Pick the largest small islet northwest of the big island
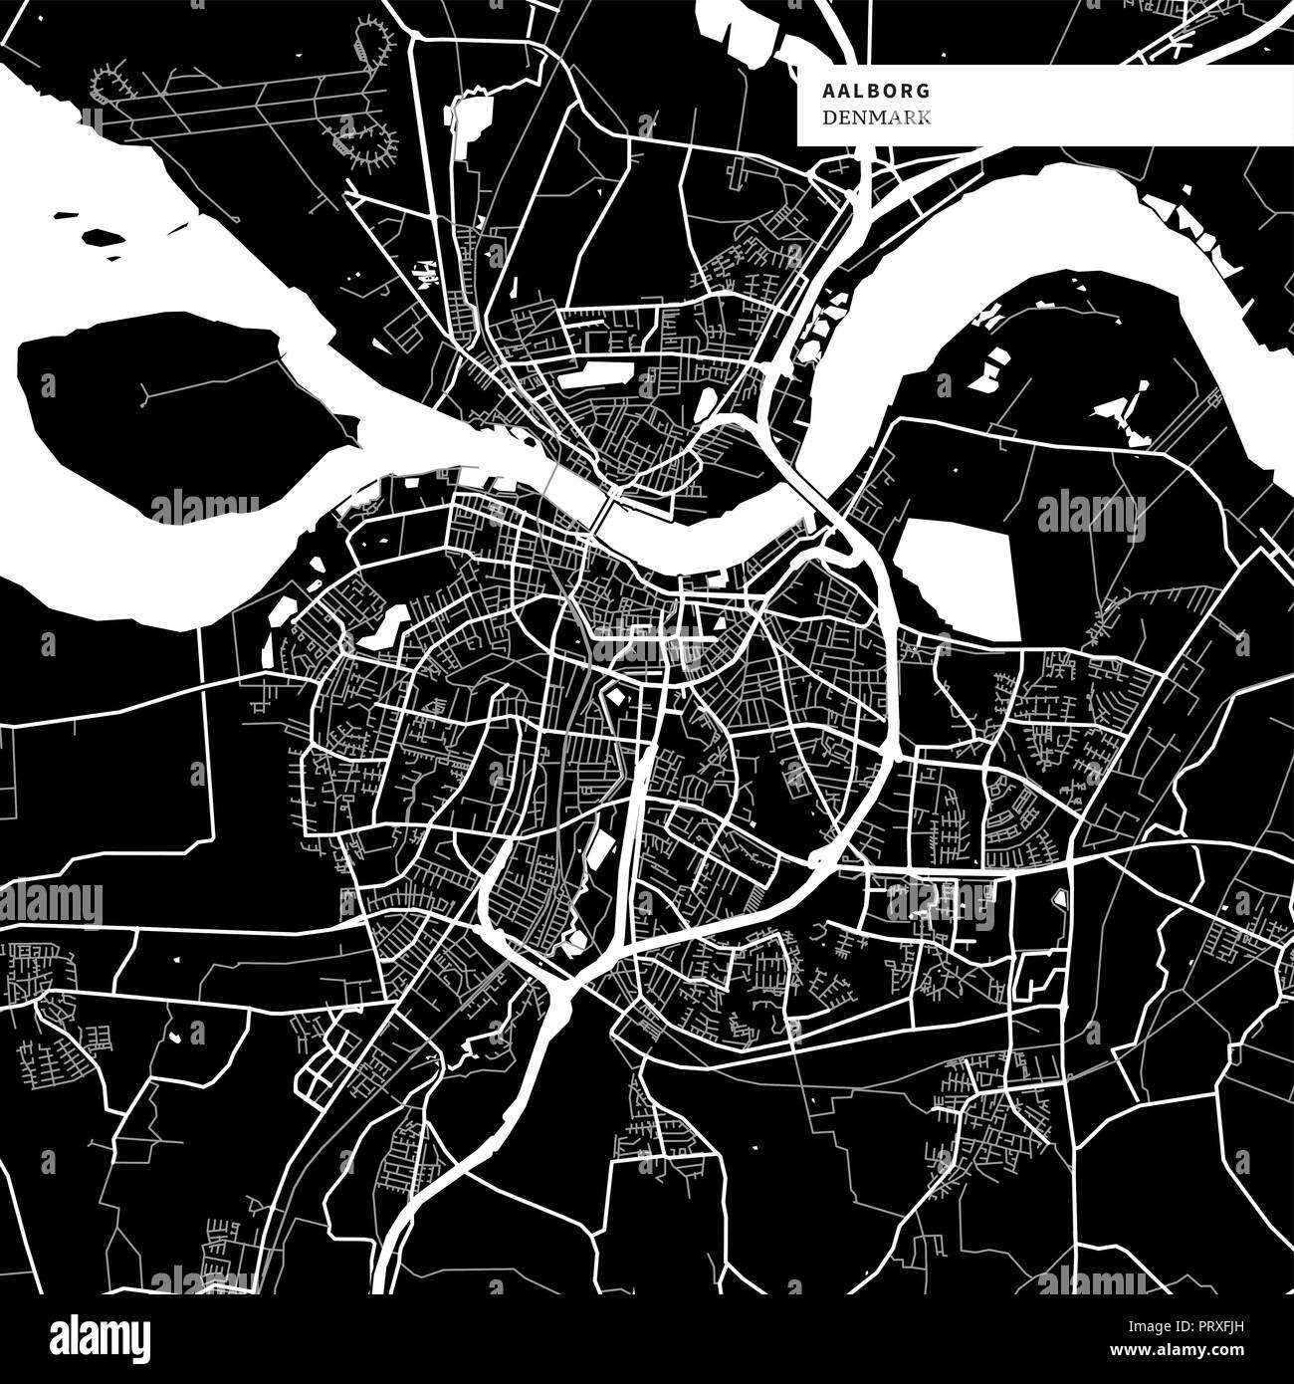pos(103,238)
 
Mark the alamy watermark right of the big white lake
pos(1091,516)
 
